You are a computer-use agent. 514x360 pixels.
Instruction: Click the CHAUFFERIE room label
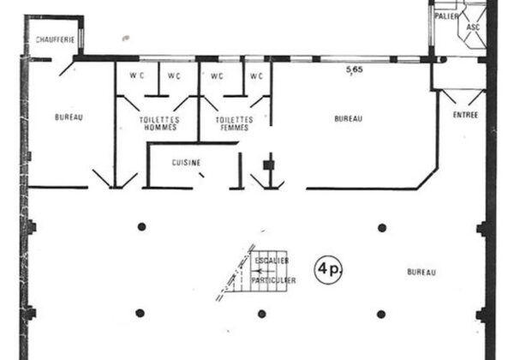coord(55,39)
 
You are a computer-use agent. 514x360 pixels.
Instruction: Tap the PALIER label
coord(446,16)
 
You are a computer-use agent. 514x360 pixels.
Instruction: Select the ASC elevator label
coord(473,27)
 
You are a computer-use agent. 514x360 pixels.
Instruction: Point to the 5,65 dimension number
coord(355,69)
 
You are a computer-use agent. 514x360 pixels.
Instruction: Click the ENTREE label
coord(465,115)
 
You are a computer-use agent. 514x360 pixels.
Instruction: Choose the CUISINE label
coord(186,163)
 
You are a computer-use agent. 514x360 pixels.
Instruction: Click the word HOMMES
coord(160,127)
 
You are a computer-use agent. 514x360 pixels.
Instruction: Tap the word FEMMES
coord(235,127)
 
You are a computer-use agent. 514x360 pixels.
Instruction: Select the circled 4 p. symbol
coord(328,269)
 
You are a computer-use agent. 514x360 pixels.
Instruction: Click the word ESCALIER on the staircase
coord(272,261)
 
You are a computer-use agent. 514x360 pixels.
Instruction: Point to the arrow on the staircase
coord(266,271)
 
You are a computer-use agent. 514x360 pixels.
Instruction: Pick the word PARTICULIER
coord(273,280)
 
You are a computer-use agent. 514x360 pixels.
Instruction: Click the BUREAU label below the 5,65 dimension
coord(349,118)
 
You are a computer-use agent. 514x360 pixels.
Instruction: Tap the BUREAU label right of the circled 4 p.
coord(421,272)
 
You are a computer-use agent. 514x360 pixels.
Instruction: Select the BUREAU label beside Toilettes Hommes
coord(69,117)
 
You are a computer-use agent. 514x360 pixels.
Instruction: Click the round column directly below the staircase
coord(261,314)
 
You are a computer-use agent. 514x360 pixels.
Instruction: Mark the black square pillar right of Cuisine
coord(269,165)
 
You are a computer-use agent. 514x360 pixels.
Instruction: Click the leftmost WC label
coord(137,75)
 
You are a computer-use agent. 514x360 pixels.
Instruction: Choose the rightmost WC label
coord(256,76)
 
